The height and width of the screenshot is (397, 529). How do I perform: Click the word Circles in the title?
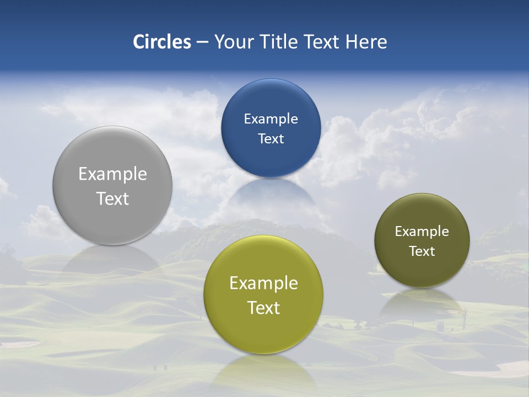click(162, 42)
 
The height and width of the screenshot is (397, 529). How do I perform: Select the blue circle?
click(271, 160)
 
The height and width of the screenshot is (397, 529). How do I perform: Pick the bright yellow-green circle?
click(263, 331)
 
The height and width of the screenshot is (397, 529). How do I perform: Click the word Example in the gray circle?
click(112, 174)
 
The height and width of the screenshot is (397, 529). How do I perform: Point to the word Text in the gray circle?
click(112, 198)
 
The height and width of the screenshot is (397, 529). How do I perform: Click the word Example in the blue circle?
click(271, 119)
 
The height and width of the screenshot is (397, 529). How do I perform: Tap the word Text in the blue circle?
click(271, 139)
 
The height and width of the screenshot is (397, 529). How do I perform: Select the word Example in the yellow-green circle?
click(263, 283)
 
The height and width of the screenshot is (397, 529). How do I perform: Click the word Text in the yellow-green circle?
click(263, 308)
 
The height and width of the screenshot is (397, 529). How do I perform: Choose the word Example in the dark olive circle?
click(422, 232)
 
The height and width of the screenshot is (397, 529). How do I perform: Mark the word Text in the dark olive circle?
click(422, 251)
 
